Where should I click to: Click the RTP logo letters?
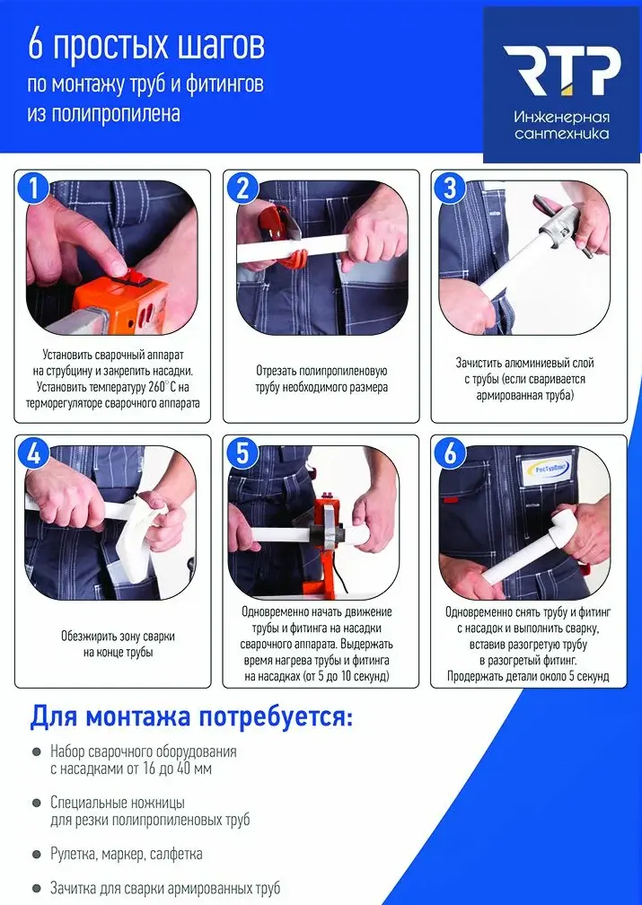(562, 71)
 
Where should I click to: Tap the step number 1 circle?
(33, 188)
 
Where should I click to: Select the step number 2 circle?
(242, 188)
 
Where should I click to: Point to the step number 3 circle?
(450, 188)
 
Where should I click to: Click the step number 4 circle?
(33, 453)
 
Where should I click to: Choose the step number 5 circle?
(242, 453)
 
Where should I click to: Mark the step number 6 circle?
(450, 453)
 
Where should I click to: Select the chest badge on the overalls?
(546, 470)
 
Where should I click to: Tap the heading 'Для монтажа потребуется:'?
(190, 717)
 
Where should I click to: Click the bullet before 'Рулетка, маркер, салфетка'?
(37, 854)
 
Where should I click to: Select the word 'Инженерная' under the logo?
(562, 118)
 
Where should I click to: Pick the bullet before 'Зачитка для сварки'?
(37, 888)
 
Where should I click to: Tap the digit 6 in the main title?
(35, 48)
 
